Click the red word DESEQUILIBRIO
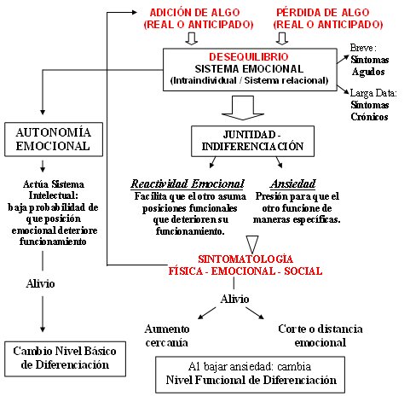249,57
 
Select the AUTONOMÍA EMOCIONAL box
54,139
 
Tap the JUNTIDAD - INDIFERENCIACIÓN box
252,141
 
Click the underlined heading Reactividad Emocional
188,183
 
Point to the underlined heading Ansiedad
293,183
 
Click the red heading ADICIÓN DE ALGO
194,13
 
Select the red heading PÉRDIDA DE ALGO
323,13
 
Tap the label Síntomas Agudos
369,66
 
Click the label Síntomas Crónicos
369,111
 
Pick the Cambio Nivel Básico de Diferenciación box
65,359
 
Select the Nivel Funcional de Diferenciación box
250,375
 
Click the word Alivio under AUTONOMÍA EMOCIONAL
40,283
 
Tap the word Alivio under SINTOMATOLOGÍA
234,299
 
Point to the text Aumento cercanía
167,335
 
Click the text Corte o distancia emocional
320,335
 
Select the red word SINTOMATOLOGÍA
245,259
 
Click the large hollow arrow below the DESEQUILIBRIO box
243,108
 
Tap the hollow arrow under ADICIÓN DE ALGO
191,38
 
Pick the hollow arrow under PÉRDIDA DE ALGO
282,38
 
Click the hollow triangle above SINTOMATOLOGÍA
252,244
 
